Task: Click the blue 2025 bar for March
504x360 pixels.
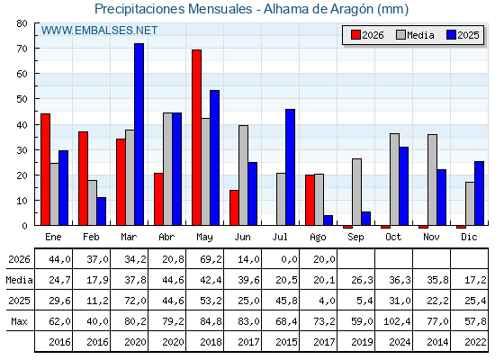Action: coord(139,134)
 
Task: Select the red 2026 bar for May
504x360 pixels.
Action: coord(197,138)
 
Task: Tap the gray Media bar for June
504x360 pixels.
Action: coord(243,175)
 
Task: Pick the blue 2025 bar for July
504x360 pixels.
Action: coord(290,167)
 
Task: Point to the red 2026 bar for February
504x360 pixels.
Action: coord(83,178)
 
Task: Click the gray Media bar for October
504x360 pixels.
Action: coord(395,179)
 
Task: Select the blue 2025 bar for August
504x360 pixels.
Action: coord(328,220)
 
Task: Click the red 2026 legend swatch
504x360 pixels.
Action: coord(355,35)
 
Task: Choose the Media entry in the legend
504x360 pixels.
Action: coord(415,35)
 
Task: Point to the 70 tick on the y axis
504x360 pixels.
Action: coord(22,49)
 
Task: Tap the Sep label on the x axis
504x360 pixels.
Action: coord(355,238)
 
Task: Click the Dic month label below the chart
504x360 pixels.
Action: coord(469,237)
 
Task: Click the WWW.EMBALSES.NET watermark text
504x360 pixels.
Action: coord(99,31)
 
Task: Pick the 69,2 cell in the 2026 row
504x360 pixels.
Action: coord(211,259)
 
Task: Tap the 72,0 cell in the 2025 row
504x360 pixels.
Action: coord(135,301)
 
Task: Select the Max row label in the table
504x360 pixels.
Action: coord(19,321)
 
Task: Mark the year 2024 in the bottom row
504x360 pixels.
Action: coord(400,342)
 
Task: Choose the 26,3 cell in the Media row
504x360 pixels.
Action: coord(362,280)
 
